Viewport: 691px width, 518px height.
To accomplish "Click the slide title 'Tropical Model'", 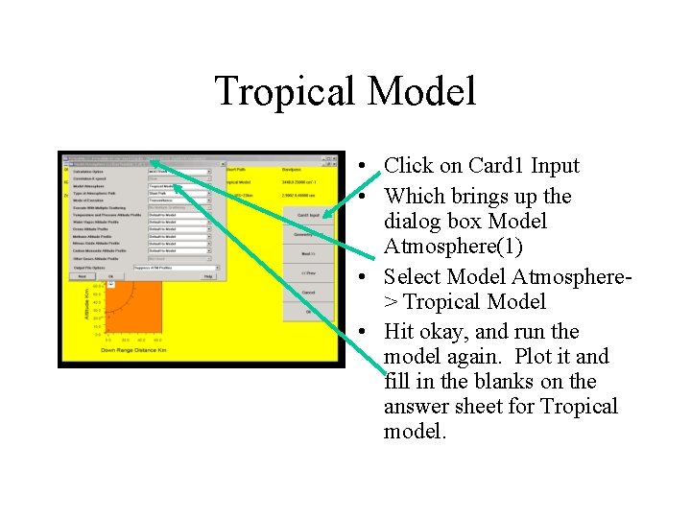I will tap(345, 92).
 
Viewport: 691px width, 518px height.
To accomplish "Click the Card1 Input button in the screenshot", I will tap(308, 215).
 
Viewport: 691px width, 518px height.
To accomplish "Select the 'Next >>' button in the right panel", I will tap(308, 253).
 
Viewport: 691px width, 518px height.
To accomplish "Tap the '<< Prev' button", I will tap(308, 273).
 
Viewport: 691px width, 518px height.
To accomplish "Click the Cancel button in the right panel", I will tap(308, 293).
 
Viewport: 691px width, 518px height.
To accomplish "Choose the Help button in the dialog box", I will tap(208, 276).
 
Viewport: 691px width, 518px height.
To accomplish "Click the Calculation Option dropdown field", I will tap(179, 171).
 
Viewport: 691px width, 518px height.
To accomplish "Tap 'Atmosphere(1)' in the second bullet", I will tap(453, 247).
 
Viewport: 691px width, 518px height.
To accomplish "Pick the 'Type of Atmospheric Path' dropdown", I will tap(179, 194).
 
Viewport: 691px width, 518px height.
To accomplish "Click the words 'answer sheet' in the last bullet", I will tap(439, 407).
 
